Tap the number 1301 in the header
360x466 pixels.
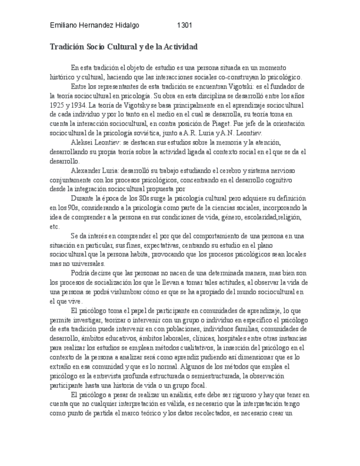coord(185,25)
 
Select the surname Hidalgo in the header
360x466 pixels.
coord(127,25)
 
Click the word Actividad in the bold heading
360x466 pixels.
coord(177,47)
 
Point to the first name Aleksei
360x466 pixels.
coord(84,142)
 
